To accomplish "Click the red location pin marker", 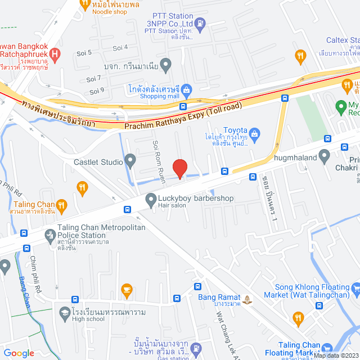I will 179,168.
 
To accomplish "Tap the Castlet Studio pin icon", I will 130,163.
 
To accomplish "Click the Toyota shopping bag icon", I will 255,133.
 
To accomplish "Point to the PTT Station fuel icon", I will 201,23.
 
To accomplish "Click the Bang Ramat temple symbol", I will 249,297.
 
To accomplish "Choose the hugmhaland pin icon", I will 323,158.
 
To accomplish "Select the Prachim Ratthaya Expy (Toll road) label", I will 183,114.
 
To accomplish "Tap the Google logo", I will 20,353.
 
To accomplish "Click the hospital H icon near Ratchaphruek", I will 55,55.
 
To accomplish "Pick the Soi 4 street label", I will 120,47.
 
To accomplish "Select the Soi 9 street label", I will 97,90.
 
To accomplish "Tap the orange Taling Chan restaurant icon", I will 62,205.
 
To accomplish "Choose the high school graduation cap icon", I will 65,313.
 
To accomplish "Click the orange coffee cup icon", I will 127,290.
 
